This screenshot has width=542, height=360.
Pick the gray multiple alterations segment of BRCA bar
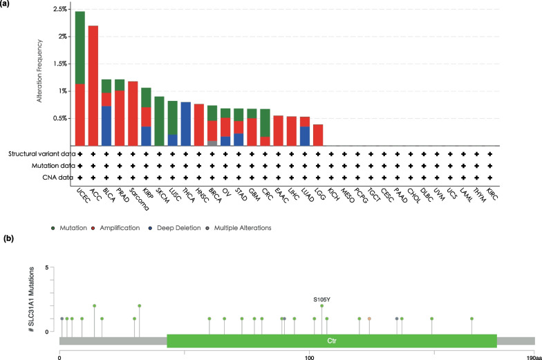click(x=212, y=143)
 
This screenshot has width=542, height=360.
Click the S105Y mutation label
click(x=321, y=299)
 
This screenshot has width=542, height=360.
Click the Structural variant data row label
click(x=39, y=153)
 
